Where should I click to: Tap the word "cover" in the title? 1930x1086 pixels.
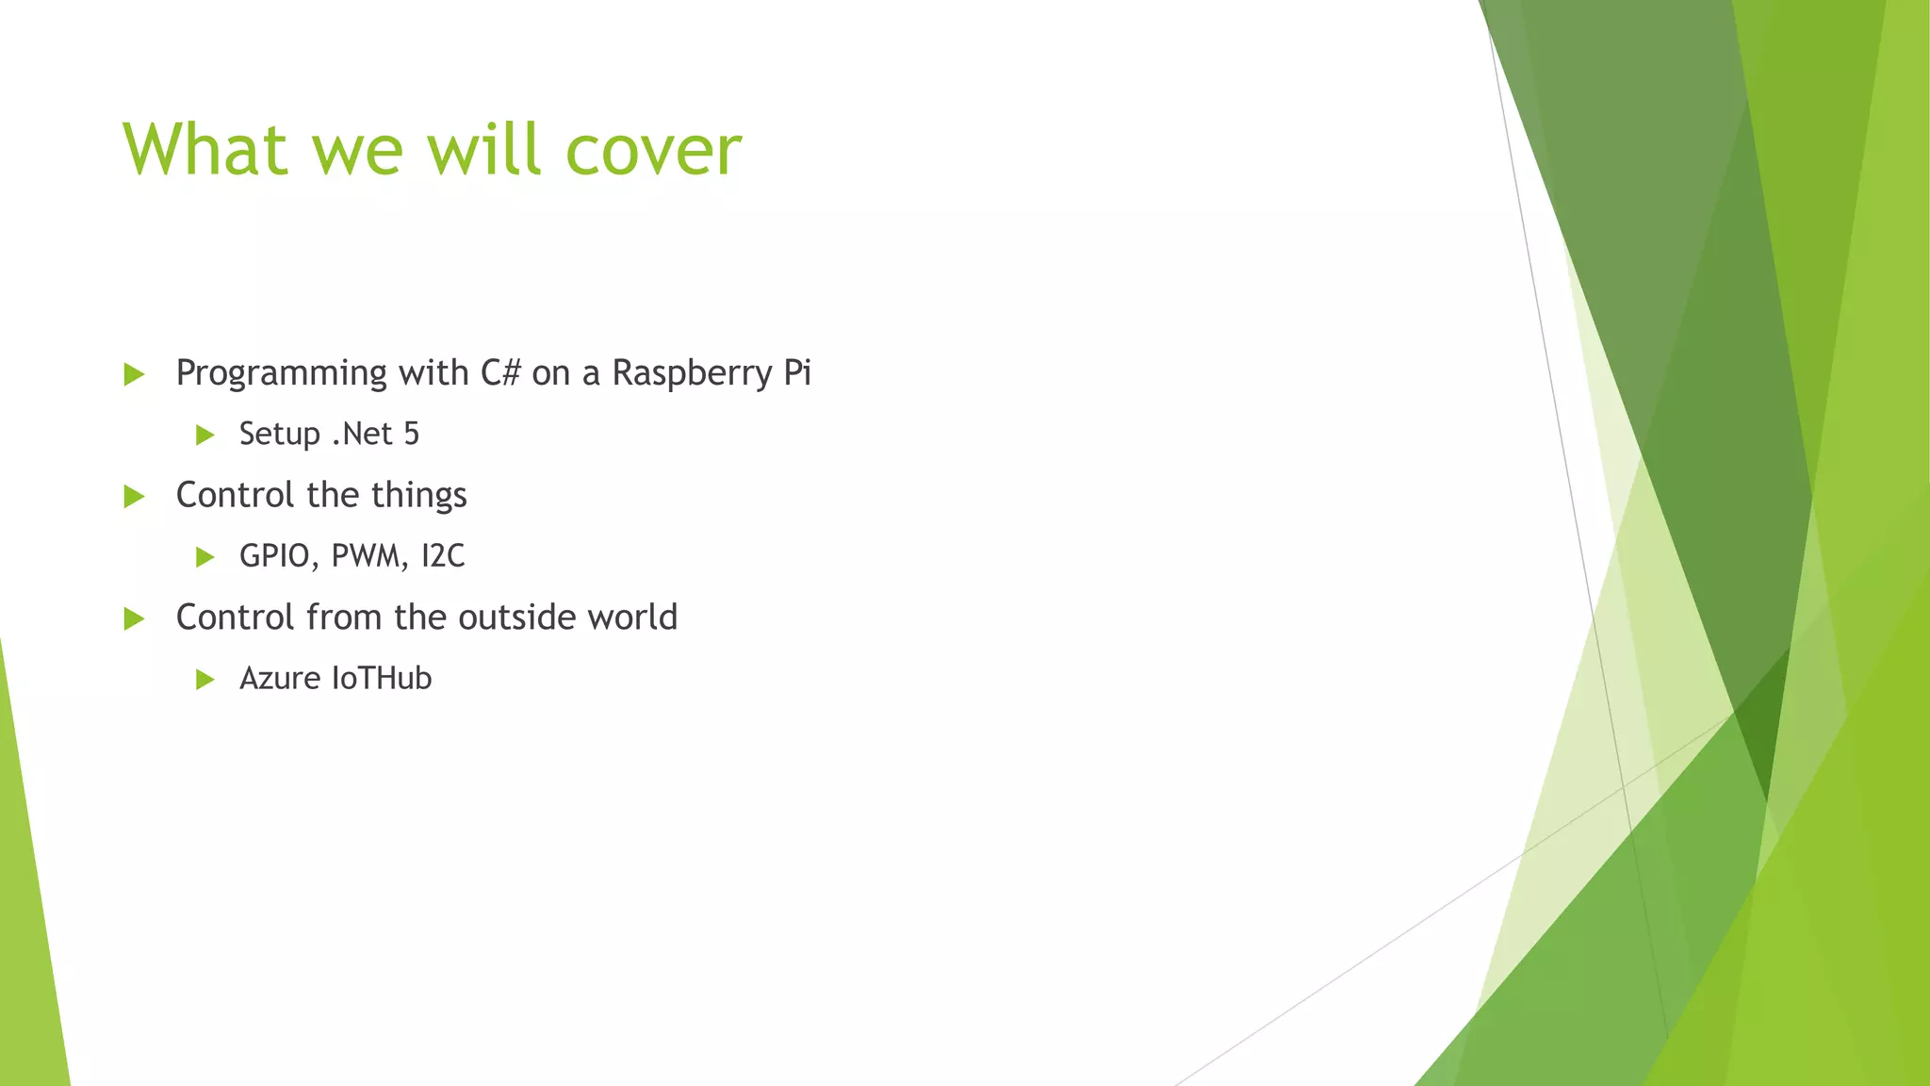(x=653, y=151)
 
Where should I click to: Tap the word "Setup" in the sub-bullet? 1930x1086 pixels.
(x=280, y=435)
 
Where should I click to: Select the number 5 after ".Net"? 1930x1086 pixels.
(x=411, y=434)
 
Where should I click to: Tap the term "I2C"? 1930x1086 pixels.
(x=443, y=556)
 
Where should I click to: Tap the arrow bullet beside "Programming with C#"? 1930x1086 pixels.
(x=134, y=375)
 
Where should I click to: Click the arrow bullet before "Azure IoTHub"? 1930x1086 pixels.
(x=204, y=680)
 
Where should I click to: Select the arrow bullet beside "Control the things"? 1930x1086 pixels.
(x=134, y=497)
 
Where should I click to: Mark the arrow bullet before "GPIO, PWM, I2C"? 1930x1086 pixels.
(x=204, y=557)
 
